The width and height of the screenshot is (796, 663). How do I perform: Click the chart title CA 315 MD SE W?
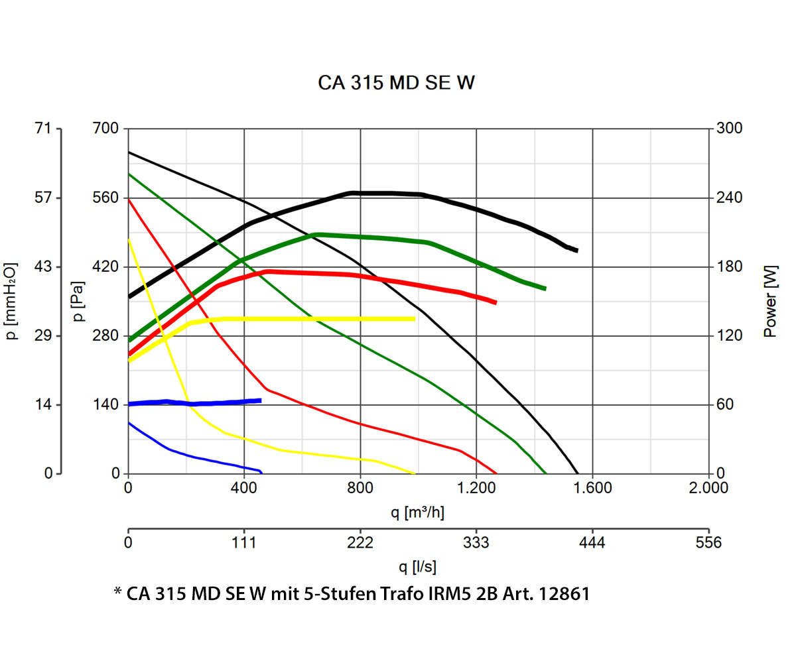coord(397,84)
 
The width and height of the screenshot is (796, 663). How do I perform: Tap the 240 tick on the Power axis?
coord(728,198)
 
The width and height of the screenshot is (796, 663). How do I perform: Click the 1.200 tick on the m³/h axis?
coord(476,489)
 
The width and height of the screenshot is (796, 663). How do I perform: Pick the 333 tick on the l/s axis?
coord(476,543)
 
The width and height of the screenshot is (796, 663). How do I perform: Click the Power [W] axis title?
coord(770,302)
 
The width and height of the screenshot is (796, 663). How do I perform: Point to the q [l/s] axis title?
coord(418,567)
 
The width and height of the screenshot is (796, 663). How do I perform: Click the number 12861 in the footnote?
coord(563,594)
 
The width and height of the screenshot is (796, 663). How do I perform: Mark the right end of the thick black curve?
coord(577,251)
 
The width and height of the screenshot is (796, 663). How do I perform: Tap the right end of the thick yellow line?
coord(415,319)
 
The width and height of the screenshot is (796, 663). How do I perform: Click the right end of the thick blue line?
coord(261,400)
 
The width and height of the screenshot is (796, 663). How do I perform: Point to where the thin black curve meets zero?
coord(578,473)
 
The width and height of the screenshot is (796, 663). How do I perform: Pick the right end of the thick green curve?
coord(545,289)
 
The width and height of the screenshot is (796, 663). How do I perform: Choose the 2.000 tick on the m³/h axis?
coord(708,489)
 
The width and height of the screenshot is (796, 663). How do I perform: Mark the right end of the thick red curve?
coord(496,303)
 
